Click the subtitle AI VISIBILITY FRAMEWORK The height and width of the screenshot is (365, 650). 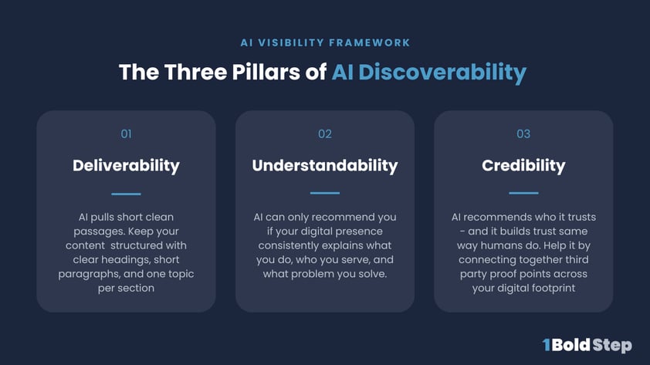point(324,42)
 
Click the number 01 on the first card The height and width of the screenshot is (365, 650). point(126,134)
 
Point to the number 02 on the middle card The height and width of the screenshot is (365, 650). point(325,134)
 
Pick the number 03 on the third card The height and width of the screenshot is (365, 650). point(523,134)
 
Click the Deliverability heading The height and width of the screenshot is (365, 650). point(126,165)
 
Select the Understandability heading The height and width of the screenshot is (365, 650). point(325,165)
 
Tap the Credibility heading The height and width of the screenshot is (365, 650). point(523,165)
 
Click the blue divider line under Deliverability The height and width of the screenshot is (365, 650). point(126,194)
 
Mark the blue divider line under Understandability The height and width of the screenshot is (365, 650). point(325,193)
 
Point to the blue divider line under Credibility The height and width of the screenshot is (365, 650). point(523,193)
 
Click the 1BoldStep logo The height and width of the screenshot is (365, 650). point(587,344)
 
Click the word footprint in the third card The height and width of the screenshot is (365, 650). point(549,288)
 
